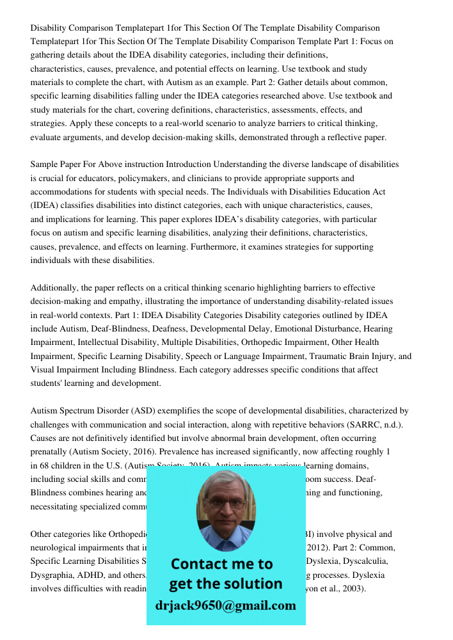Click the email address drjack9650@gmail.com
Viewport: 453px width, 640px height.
225,605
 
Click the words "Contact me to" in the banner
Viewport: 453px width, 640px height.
221,564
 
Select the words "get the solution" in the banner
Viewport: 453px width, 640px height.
225,584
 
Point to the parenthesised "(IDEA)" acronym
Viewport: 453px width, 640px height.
44,206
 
